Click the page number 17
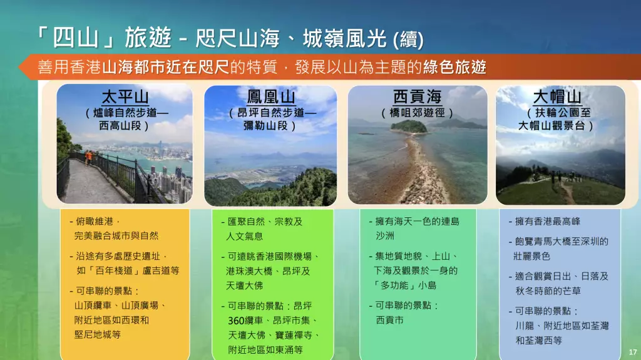point(632,352)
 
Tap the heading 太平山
point(125,98)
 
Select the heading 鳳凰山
point(270,97)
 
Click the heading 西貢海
point(417,97)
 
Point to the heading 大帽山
point(556,97)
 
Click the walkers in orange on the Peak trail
point(89,157)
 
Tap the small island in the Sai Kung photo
point(408,126)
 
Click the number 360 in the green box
point(236,321)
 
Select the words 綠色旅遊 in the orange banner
point(454,67)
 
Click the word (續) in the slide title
point(408,39)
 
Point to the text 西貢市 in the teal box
point(389,320)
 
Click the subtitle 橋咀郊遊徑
point(417,113)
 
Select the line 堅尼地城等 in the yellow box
point(97,334)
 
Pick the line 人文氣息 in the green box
point(245,236)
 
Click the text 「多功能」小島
point(405,285)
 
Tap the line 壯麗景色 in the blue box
point(532,256)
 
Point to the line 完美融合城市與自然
point(116,235)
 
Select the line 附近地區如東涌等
point(265,350)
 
